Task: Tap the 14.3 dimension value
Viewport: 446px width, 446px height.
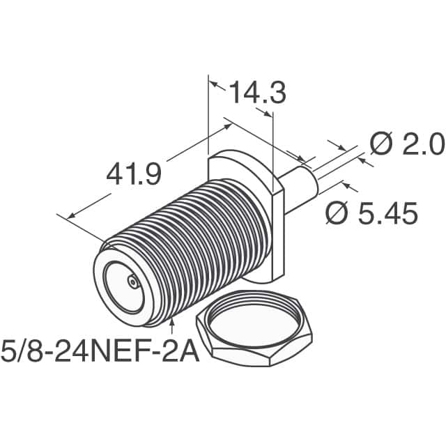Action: coord(257,93)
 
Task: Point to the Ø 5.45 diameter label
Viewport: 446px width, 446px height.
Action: coord(372,213)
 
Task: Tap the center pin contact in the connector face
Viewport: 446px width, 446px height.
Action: coord(131,282)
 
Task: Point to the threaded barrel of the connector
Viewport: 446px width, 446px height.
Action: coord(202,237)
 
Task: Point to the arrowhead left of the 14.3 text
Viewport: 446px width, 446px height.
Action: coord(216,86)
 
